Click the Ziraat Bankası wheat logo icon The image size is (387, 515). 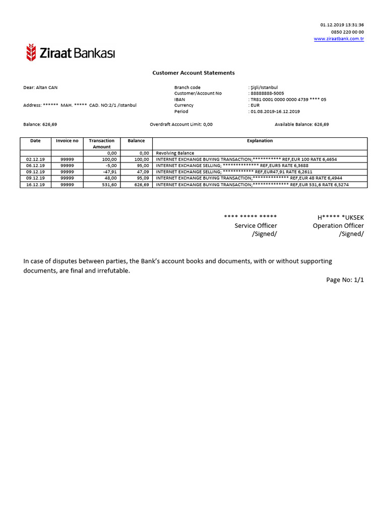coord(31,52)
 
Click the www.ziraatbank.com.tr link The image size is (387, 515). coord(339,39)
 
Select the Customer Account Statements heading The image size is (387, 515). coord(193,73)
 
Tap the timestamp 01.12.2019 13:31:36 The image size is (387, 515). coord(342,25)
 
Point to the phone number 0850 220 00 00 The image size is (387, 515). coord(347,32)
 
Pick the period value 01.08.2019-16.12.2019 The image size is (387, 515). coord(275,112)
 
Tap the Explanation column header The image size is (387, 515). coord(260,141)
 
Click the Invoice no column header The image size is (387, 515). coord(67,141)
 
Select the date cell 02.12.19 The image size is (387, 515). coord(35,159)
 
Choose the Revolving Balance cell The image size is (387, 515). coord(175,153)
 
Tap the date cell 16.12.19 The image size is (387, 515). coord(35,185)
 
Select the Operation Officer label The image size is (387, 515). coord(338,226)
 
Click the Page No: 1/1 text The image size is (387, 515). coord(345,280)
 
